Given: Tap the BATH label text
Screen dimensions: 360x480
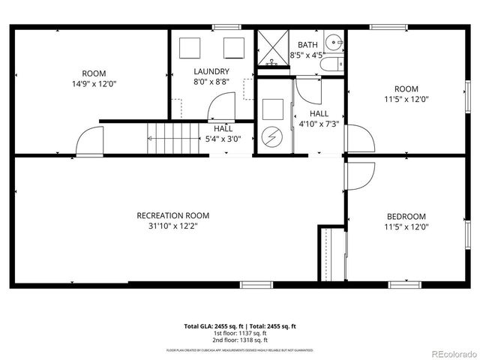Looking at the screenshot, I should point(307,45).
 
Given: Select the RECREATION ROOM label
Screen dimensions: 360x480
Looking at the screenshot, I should point(172,215).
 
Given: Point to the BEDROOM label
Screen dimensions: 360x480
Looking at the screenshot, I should point(405,216).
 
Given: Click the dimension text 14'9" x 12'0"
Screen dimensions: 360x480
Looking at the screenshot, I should point(94,84).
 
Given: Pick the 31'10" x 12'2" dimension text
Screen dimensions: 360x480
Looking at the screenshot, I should point(172,226).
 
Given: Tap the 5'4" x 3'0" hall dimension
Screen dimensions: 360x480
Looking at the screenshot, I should point(223,139).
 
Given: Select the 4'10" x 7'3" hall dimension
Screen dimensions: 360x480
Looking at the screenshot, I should point(319,124).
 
